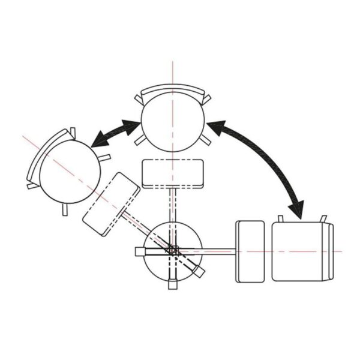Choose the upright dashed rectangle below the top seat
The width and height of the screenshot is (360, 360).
[174, 173]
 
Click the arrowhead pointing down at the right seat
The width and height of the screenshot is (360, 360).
[296, 210]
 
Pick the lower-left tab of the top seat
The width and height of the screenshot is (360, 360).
[139, 141]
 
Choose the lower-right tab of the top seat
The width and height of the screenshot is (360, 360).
[206, 141]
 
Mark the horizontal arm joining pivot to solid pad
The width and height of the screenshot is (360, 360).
[220, 251]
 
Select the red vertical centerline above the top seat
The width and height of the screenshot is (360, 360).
[173, 72]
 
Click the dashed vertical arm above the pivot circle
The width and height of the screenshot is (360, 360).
[173, 204]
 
